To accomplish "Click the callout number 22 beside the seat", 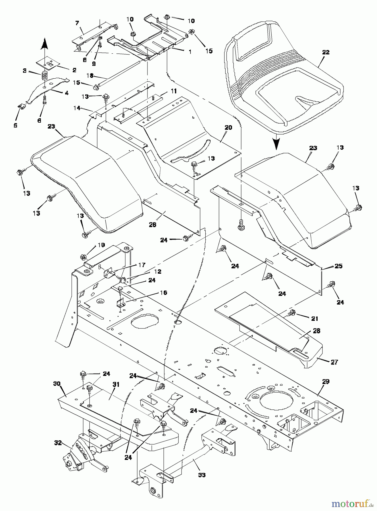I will coord(326,52).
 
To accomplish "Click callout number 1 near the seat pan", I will coord(190,52).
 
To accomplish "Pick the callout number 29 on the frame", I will coord(326,382).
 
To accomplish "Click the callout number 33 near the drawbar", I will coord(202,475).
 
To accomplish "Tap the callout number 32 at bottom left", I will coord(58,443).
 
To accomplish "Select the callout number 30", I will coord(57,384).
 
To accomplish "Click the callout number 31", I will coord(116,385).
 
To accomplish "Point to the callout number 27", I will coord(334,362).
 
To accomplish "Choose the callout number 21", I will coord(314,319).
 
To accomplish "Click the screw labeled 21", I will coord(291,313).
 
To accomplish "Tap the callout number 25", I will coord(338,266).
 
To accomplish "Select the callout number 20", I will coord(228,127).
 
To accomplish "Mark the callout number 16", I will coord(163,292).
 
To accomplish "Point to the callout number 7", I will coord(77,23).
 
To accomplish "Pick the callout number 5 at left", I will coord(15,125).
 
